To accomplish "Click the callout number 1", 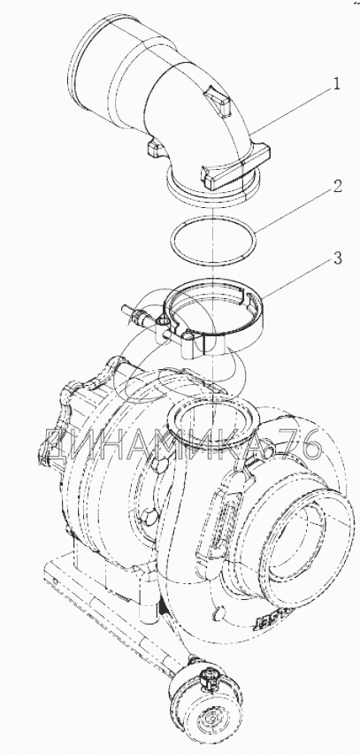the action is [x=336, y=84].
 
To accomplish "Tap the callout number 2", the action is [x=337, y=186].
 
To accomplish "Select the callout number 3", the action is [x=337, y=258].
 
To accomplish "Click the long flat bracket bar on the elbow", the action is [x=235, y=169].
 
